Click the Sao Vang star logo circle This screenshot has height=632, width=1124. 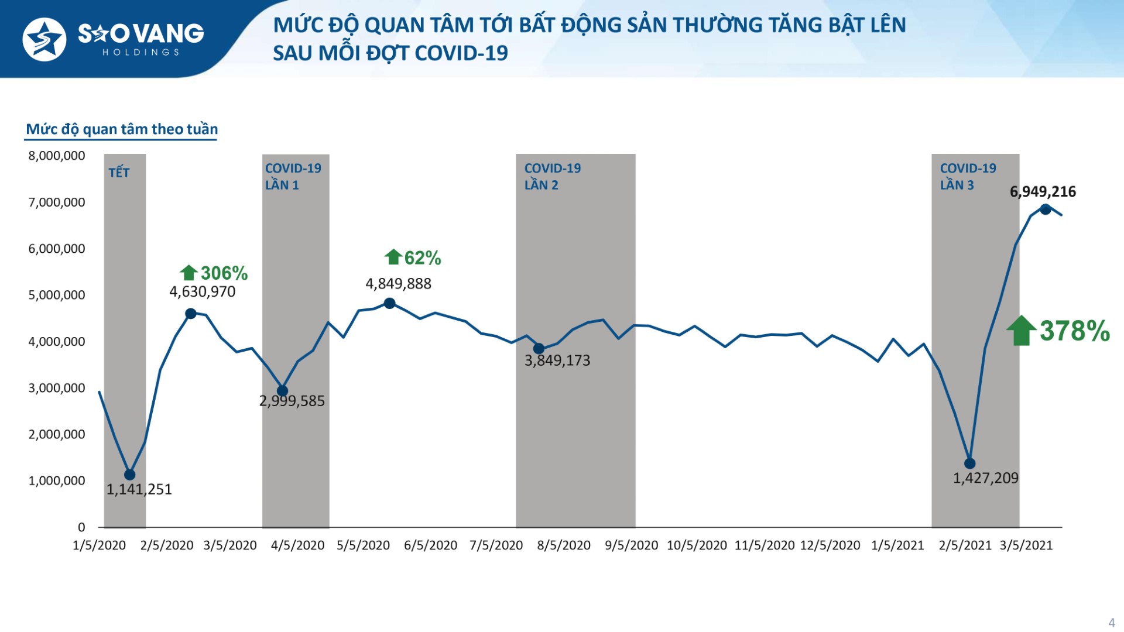pos(44,39)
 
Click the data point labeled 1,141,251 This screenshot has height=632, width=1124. pos(130,475)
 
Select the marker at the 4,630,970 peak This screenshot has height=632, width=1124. pos(191,314)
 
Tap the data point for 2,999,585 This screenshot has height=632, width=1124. pos(282,391)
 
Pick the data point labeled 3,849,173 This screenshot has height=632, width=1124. pos(539,349)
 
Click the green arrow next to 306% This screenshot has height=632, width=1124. pos(189,273)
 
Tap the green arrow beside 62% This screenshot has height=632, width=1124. pos(393,257)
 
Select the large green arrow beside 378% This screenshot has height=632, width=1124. pos(1021,331)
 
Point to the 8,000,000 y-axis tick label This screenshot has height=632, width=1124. pos(57,156)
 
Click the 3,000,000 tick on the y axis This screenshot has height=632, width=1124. pos(57,388)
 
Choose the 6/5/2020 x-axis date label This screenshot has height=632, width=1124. pos(430,545)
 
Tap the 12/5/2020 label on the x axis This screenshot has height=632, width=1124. pos(830,545)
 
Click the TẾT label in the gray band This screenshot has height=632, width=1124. pos(119,173)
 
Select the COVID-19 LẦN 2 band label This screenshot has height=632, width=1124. pos(552,176)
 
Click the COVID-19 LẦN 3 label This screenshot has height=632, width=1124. pos(968,176)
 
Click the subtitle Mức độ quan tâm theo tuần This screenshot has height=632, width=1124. pos(122,129)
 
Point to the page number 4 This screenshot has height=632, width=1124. pos(1111,623)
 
